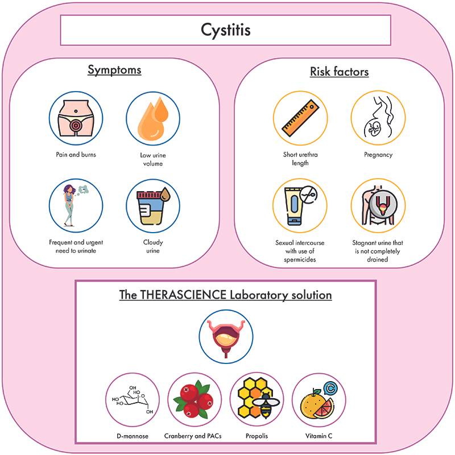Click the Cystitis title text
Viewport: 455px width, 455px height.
[x=226, y=30]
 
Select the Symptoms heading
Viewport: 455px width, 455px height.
[x=114, y=71]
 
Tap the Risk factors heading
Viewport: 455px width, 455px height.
[x=339, y=72]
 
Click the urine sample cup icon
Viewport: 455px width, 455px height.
[x=152, y=205]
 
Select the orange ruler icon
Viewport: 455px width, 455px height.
[x=299, y=120]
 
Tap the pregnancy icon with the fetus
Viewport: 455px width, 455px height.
[x=377, y=120]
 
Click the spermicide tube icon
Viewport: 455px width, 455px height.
[x=299, y=205]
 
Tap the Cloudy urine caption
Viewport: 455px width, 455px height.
[x=152, y=246]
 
